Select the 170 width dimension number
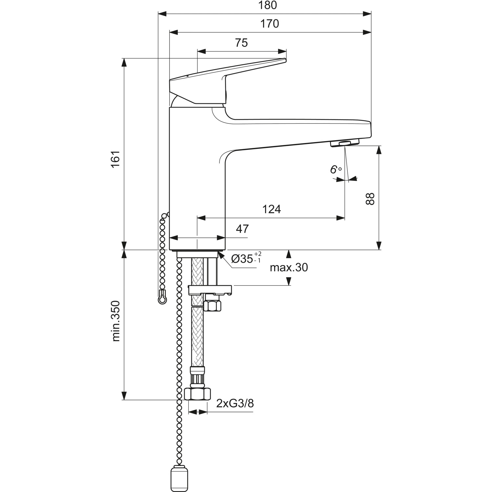coord(270,24)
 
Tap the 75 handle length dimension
coord(241,43)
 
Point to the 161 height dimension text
coord(115,159)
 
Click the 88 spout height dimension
coord(370,199)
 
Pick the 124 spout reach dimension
coord(272,209)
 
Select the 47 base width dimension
coord(242,229)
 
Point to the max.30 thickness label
coord(289,268)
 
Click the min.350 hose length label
coord(116,321)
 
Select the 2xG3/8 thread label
coord(235,403)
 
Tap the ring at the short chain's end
coord(162,299)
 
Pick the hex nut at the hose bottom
coord(197,393)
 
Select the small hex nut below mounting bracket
coord(212,306)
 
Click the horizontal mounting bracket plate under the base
coord(210,290)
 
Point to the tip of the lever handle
coord(284,60)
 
